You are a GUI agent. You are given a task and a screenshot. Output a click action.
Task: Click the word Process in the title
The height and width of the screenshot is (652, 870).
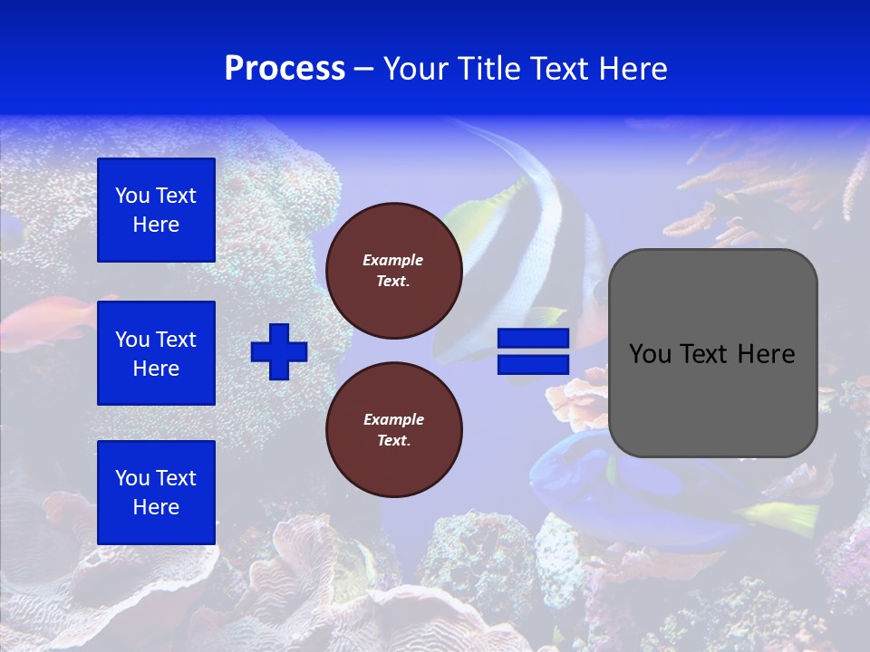[x=285, y=69]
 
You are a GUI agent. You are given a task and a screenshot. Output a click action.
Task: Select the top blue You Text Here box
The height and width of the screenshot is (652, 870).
[x=156, y=210]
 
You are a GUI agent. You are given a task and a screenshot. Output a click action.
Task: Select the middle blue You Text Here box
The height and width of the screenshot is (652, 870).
[x=156, y=353]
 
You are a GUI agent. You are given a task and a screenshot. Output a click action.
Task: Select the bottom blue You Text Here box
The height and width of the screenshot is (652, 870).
[x=156, y=493]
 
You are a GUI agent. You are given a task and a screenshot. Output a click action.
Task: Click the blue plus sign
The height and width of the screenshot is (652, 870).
[x=279, y=351]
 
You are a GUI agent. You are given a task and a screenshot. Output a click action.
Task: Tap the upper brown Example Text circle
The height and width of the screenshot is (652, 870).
[x=394, y=271]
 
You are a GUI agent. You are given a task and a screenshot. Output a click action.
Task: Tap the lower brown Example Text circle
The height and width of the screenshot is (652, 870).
[x=394, y=430]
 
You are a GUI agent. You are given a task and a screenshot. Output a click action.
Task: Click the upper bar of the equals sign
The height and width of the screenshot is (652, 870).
[x=533, y=339]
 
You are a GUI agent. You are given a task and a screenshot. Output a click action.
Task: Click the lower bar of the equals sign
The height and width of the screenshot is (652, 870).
[x=533, y=364]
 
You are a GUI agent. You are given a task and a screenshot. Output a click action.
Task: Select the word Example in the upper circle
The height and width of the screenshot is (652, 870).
[x=392, y=260]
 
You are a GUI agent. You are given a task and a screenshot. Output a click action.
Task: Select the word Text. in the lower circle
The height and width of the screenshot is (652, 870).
[x=393, y=441]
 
